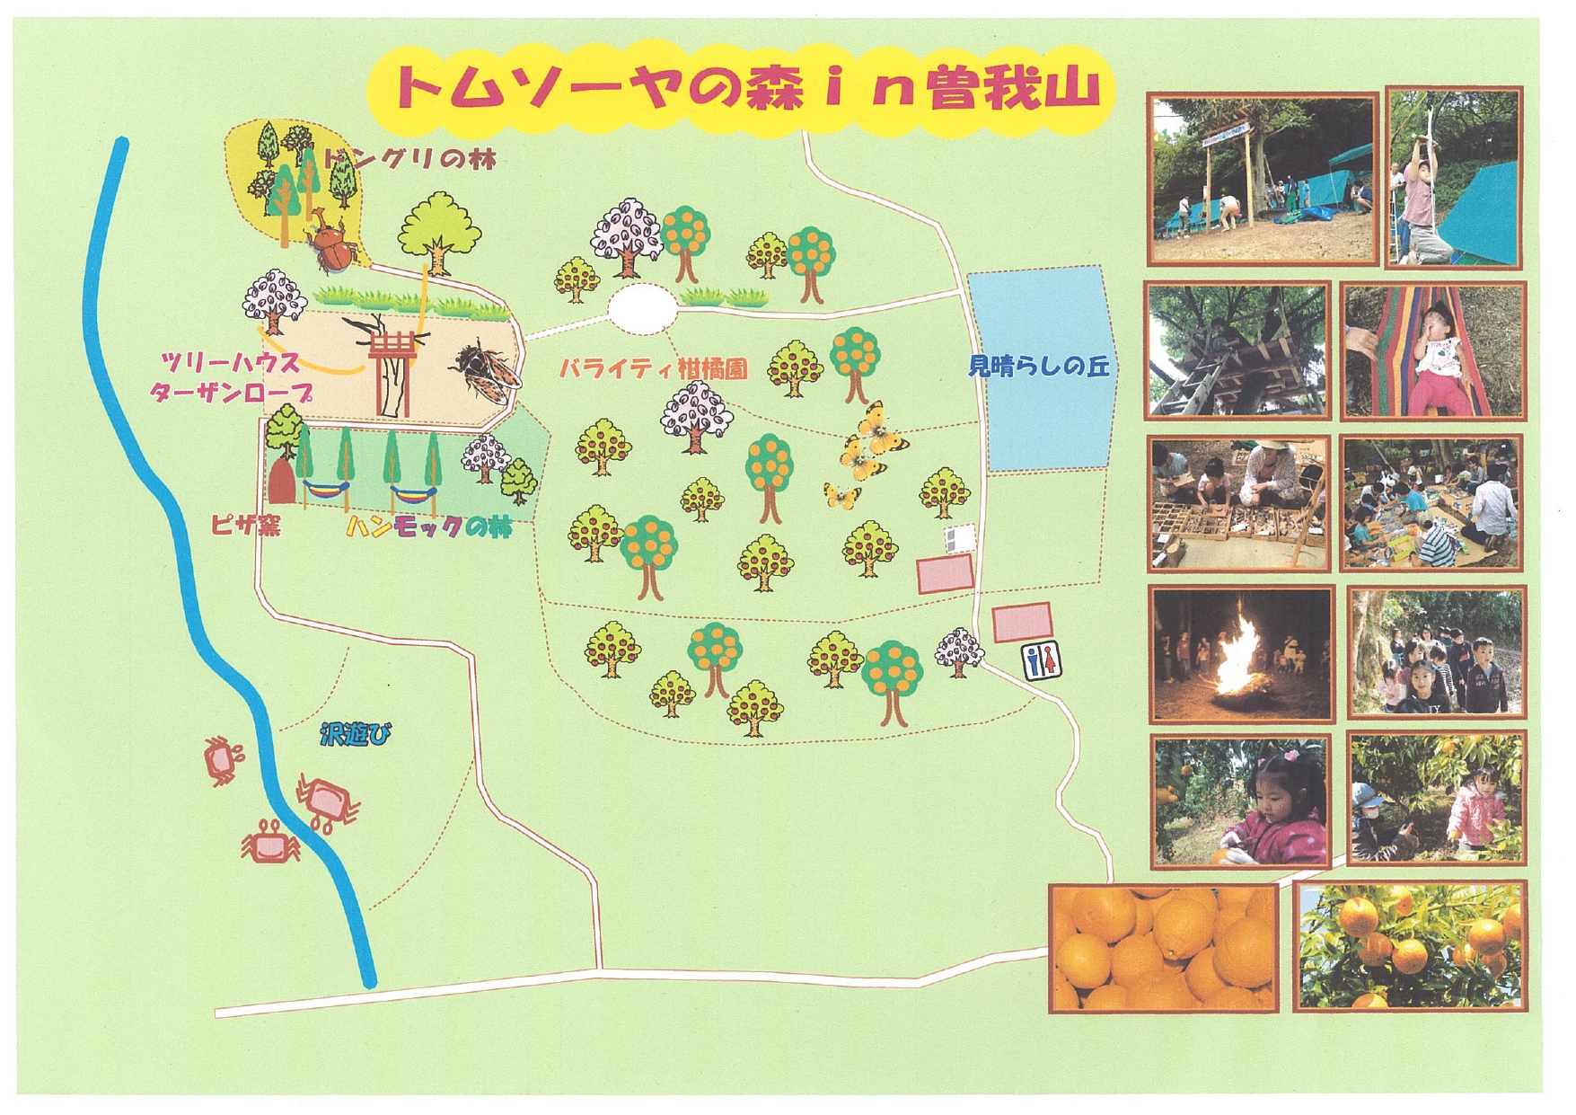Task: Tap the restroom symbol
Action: click(1043, 660)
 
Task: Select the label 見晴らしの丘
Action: click(1039, 367)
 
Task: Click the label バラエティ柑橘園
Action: click(653, 369)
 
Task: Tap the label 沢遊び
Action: click(356, 736)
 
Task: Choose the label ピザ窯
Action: click(245, 525)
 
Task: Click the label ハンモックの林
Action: click(429, 527)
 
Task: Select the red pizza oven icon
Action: click(281, 482)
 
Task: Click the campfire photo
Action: click(1242, 654)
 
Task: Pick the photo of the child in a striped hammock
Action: click(1434, 351)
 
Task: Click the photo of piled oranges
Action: click(1163, 947)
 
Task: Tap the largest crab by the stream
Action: click(325, 800)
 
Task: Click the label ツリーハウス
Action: click(231, 362)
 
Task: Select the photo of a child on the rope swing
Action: click(1454, 178)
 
